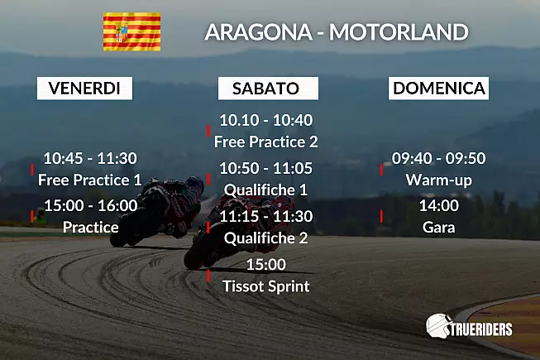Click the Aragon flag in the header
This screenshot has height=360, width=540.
tap(132, 31)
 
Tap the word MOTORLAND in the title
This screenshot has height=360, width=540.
tap(399, 31)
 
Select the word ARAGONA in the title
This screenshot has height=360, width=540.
tap(259, 31)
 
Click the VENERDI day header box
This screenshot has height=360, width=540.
tap(84, 89)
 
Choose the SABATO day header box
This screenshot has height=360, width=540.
tap(268, 89)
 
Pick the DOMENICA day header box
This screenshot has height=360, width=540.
tap(439, 89)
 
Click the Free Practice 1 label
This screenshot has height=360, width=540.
tap(90, 180)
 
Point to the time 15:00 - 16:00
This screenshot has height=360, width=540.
tap(91, 206)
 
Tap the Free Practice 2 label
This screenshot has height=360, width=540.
tap(266, 142)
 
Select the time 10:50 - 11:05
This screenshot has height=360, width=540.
tap(266, 168)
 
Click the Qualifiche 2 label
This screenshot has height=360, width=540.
tap(266, 238)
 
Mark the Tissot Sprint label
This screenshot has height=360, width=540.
tap(266, 286)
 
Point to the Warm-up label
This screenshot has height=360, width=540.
tap(439, 180)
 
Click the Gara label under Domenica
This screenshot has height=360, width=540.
tap(439, 228)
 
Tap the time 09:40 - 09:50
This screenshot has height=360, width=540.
tap(439, 158)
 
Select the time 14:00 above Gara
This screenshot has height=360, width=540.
tap(439, 206)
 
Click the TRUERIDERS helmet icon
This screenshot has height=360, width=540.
tap(438, 325)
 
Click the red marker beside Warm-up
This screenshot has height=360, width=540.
tap(381, 169)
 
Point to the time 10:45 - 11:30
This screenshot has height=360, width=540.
tap(90, 158)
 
